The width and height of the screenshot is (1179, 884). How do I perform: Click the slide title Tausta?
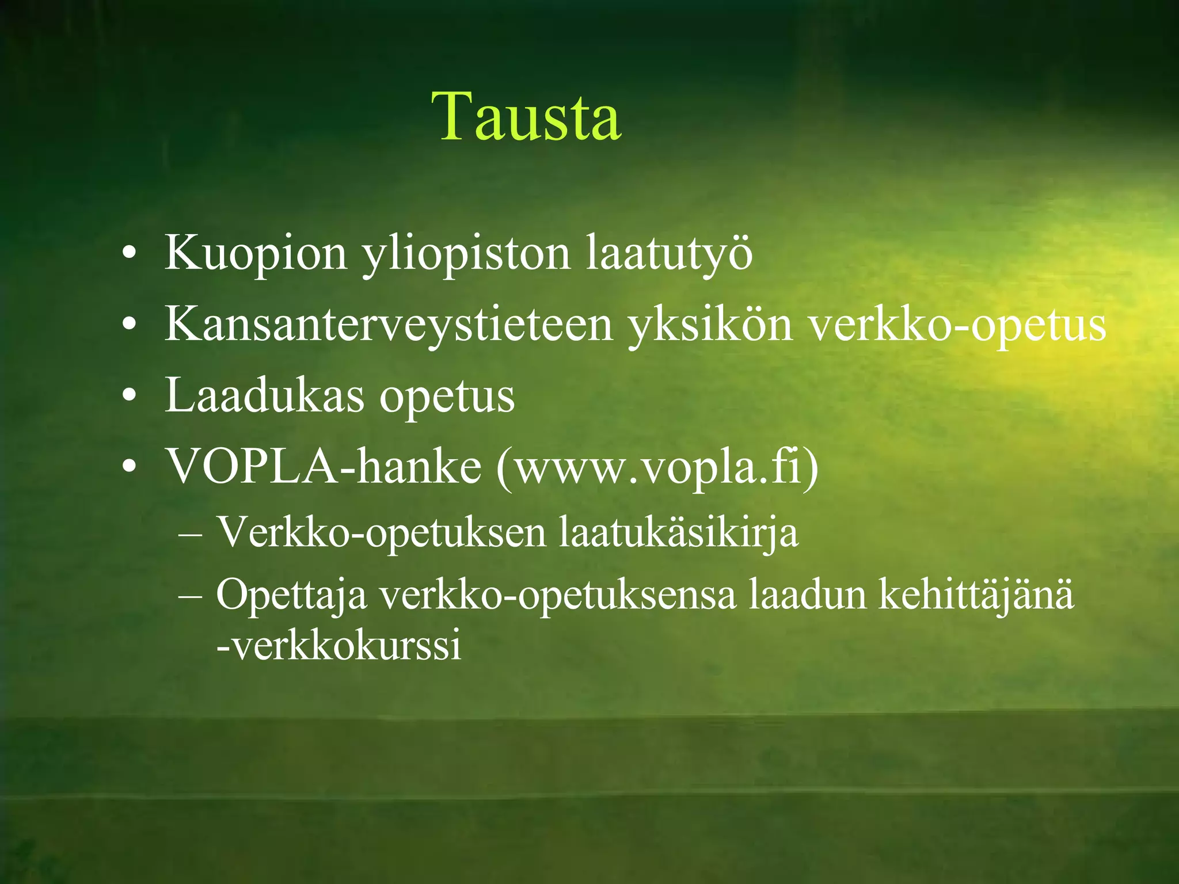(527, 117)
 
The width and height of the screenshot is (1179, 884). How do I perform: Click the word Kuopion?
(256, 253)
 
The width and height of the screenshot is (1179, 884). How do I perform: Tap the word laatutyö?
(669, 253)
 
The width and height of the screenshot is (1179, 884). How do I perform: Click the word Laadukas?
(265, 396)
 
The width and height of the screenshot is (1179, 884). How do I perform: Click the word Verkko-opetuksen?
(381, 532)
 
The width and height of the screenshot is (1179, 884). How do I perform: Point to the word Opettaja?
(291, 595)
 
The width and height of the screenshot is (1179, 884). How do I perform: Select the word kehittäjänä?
(976, 594)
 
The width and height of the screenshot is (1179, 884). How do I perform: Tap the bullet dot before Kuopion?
(130, 254)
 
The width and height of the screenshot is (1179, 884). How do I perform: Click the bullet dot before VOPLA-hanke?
(130, 467)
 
